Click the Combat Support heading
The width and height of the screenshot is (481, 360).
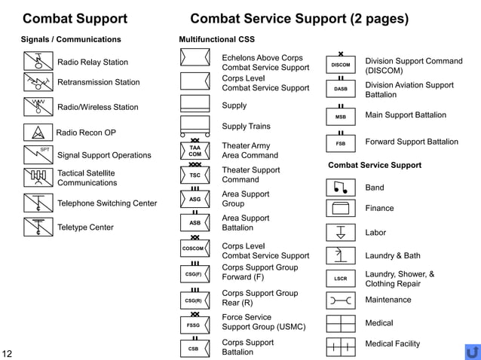75,19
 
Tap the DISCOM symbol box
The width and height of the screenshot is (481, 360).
341,66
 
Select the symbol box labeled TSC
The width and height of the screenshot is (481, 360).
195,175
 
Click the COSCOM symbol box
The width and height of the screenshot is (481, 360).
195,249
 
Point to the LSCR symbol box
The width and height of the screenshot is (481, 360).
341,279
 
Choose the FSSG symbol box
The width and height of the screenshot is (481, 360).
195,325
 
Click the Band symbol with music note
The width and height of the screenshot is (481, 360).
341,188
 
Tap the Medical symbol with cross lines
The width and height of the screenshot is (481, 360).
341,323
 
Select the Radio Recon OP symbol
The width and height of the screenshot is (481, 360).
38,133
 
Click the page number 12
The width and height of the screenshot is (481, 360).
8,353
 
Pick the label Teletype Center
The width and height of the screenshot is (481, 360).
85,227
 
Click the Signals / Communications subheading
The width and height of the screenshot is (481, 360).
71,39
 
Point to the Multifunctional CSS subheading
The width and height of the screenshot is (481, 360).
216,39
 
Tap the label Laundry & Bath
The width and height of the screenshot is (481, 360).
393,256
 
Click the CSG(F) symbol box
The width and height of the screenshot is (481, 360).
195,274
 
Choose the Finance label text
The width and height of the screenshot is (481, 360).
379,209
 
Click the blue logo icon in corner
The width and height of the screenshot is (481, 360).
473,352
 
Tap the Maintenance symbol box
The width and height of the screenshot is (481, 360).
341,301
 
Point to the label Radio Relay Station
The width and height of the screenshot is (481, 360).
93,63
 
